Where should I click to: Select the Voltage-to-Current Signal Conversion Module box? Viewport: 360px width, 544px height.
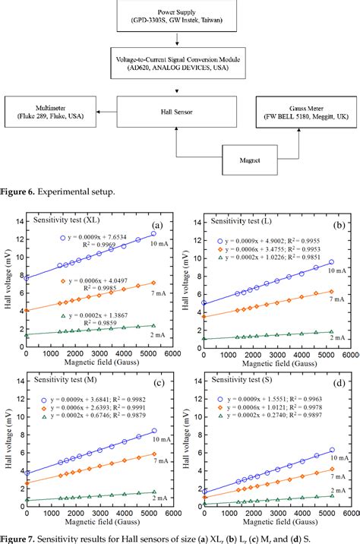click(180, 63)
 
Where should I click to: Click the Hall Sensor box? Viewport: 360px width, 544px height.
click(180, 112)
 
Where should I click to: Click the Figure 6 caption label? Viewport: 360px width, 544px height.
click(23, 192)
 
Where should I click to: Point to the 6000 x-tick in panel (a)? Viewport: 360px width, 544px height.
click(172, 354)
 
